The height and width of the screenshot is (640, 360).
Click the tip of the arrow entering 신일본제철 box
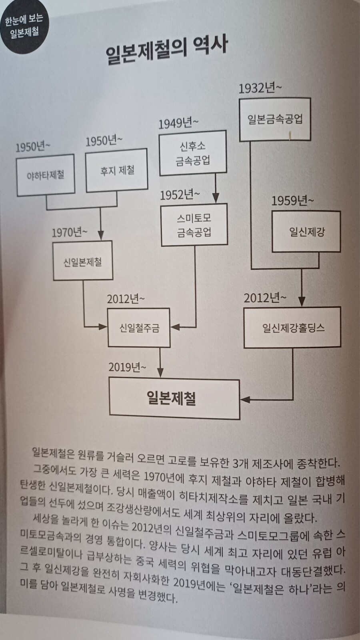pos(100,240)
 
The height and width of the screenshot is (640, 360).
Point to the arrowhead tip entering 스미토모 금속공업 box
pos(216,203)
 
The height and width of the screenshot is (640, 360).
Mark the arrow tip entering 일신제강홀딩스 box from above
pos(302,307)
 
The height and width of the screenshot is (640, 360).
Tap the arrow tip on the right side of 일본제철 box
pos(240,399)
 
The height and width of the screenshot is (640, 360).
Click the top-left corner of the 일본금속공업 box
pos(240,99)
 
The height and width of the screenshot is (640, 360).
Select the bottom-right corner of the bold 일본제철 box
pos(240,419)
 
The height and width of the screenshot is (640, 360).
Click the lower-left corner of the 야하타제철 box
pos(18,196)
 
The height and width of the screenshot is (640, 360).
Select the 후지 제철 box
pos(116,170)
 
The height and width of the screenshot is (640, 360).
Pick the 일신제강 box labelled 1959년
pos(306,232)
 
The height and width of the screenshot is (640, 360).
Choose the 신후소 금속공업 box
pos(193,153)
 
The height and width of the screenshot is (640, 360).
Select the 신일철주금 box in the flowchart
pos(139,328)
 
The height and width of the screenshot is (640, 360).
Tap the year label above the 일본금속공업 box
pos(260,88)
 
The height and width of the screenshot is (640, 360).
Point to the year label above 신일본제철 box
pos(70,232)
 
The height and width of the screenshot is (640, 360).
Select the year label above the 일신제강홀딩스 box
pos(264,298)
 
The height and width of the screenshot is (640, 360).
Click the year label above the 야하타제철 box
pos(33,147)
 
